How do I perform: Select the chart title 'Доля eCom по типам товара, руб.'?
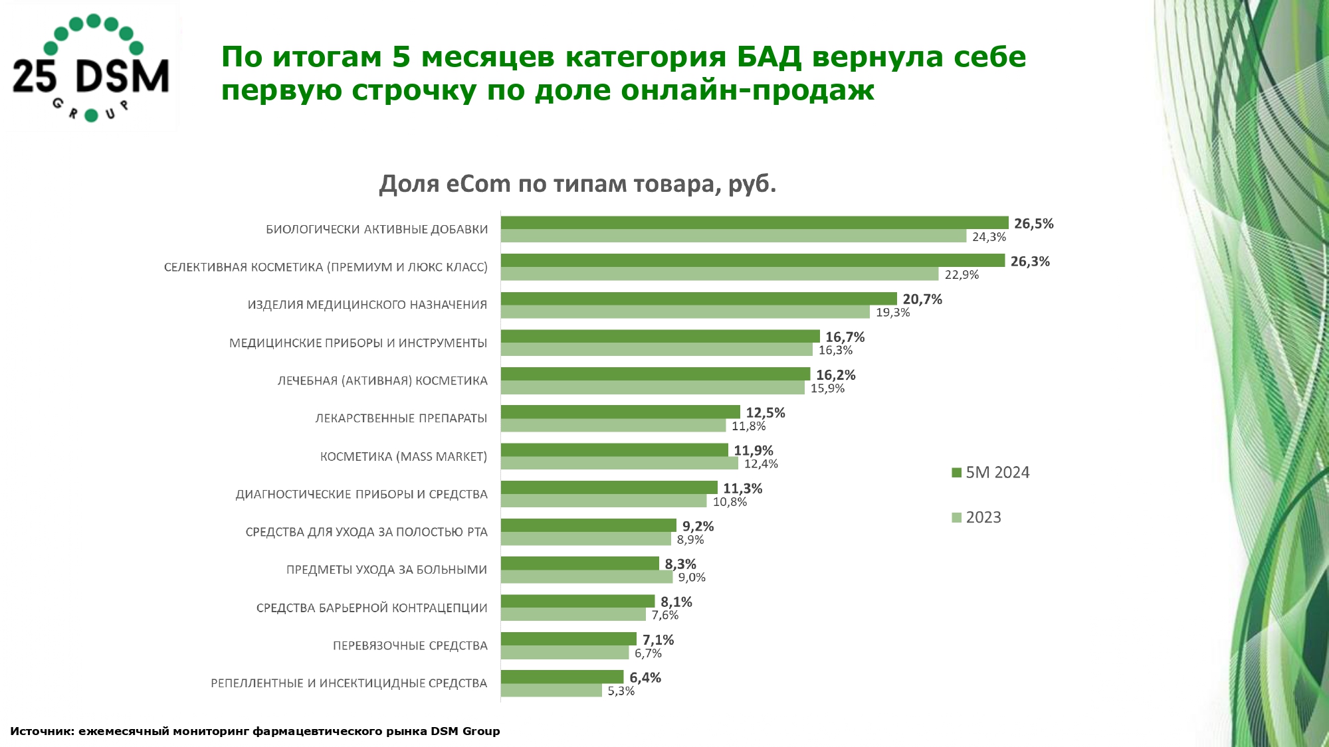click(577, 183)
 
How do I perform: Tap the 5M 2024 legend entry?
click(990, 473)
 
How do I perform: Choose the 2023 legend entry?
click(976, 517)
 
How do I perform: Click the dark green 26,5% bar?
click(754, 223)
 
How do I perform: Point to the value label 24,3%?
click(989, 237)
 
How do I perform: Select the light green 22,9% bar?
click(720, 274)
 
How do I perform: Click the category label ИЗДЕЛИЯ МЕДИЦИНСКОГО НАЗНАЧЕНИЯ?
click(367, 305)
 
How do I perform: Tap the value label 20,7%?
click(922, 299)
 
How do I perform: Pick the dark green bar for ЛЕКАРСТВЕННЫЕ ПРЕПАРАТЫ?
click(620, 412)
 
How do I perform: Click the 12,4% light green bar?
click(619, 463)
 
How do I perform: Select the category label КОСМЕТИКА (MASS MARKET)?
click(403, 457)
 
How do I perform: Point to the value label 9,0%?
click(692, 578)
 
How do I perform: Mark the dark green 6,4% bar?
click(562, 677)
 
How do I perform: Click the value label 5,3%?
click(621, 691)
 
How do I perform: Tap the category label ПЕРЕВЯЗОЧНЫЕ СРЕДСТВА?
click(410, 646)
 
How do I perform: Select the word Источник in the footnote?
click(41, 731)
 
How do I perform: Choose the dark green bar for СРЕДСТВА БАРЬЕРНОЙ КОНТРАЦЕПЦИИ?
click(577, 602)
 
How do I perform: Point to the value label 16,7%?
click(845, 337)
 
